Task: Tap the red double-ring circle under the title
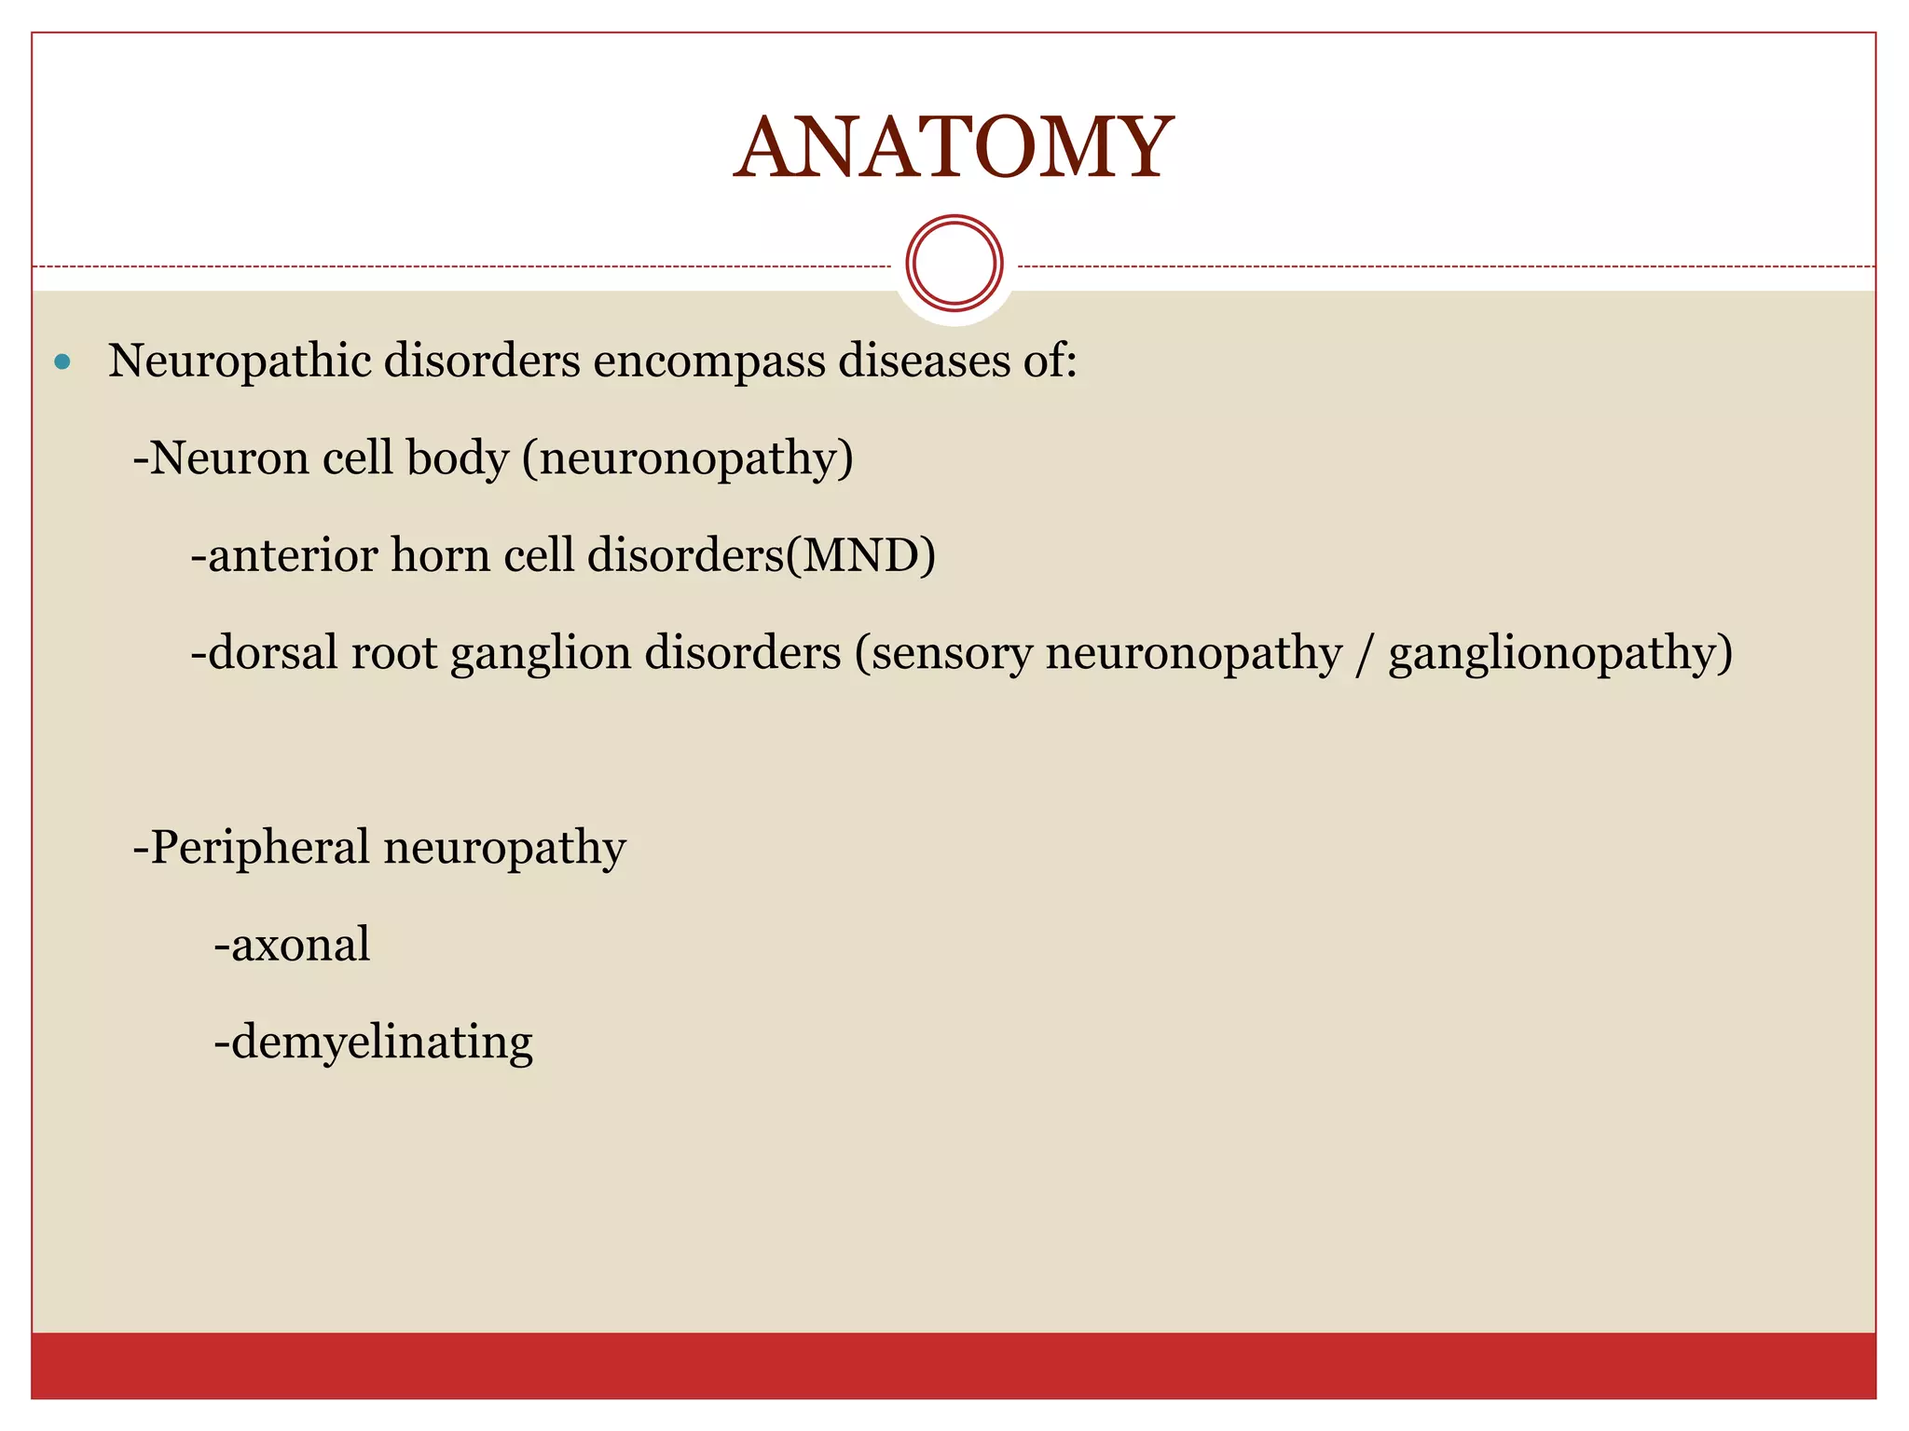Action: click(x=954, y=264)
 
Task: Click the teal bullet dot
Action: click(x=62, y=361)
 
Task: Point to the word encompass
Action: click(x=709, y=362)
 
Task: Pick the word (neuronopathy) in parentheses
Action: click(x=687, y=459)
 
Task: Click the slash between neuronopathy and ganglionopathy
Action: click(x=1365, y=653)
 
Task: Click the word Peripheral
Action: click(x=259, y=849)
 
